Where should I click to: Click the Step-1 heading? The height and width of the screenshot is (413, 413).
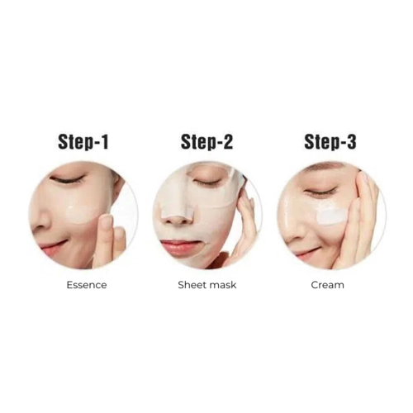83,142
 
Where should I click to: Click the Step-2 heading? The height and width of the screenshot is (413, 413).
206,142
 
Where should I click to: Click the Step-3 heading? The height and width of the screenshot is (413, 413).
330,142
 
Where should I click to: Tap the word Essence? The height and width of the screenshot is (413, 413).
87,285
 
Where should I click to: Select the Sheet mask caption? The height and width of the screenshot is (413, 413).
207,285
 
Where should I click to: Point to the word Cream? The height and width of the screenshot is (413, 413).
327,285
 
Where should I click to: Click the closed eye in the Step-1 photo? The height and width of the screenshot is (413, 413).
68,179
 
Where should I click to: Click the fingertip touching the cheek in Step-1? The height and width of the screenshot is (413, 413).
105,222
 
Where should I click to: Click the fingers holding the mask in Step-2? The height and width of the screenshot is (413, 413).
246,215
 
